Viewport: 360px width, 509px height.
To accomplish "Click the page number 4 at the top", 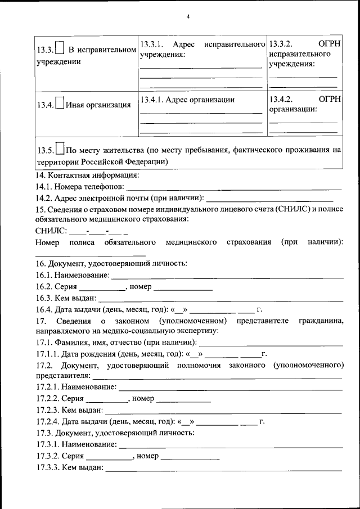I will tap(188, 16).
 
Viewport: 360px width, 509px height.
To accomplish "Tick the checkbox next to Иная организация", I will tap(60, 104).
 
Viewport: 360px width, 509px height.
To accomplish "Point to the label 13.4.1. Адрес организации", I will tap(187, 100).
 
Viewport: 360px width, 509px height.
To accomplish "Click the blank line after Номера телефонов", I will tap(233, 187).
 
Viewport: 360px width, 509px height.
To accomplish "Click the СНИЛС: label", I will tap(51, 231).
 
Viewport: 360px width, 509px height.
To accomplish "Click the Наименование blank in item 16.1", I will tap(227, 276).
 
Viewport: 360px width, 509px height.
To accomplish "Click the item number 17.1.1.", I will tap(46, 354).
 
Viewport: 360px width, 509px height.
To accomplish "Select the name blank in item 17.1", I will tap(271, 343).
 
